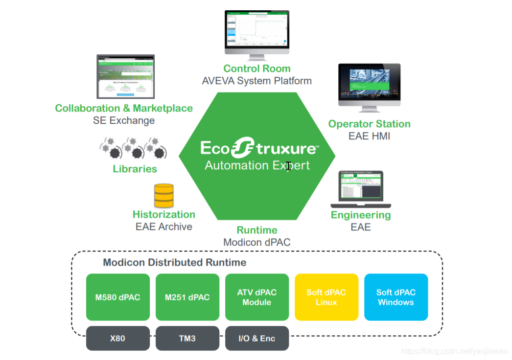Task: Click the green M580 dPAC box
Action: [x=117, y=297]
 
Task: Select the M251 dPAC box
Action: [x=187, y=297]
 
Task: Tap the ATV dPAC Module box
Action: [x=257, y=297]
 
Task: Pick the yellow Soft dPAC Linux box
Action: [x=326, y=297]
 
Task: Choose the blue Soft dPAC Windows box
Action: [x=396, y=297]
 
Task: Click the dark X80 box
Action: [x=118, y=338]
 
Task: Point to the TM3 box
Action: [x=187, y=338]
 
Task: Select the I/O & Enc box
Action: [x=257, y=338]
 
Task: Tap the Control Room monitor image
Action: [x=256, y=32]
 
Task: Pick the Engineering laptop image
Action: [x=361, y=190]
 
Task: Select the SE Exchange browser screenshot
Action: [x=125, y=77]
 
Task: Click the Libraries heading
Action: [x=135, y=169]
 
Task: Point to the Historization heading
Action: [x=164, y=215]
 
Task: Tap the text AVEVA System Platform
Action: [x=257, y=81]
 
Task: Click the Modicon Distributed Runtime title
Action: [x=175, y=263]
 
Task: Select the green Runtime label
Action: [x=257, y=230]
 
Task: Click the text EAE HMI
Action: [x=370, y=136]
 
